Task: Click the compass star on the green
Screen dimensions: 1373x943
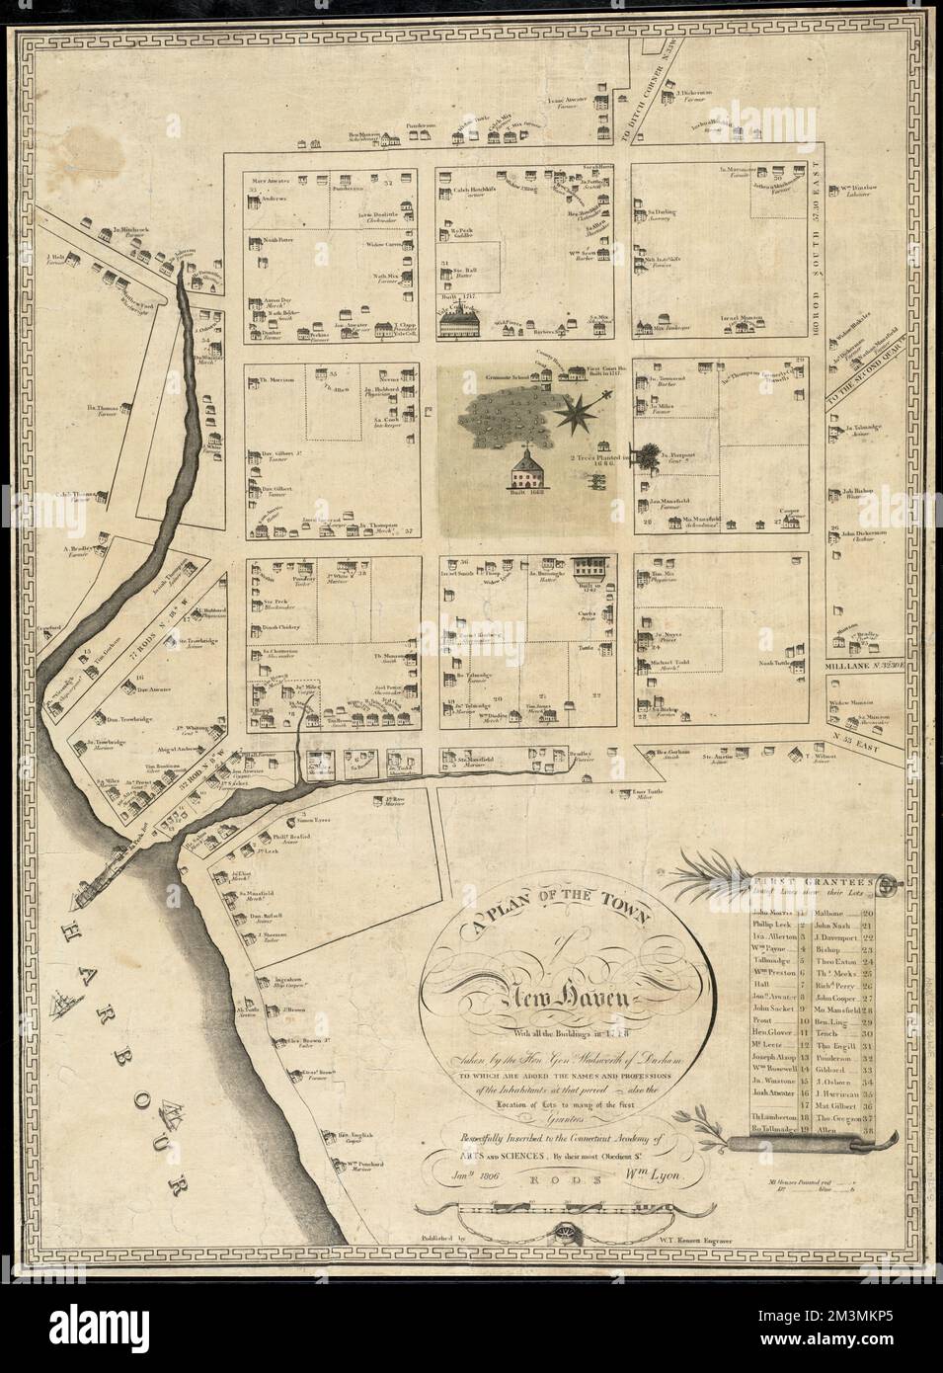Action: point(580,410)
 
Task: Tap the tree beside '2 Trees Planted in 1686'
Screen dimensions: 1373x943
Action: point(647,457)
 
